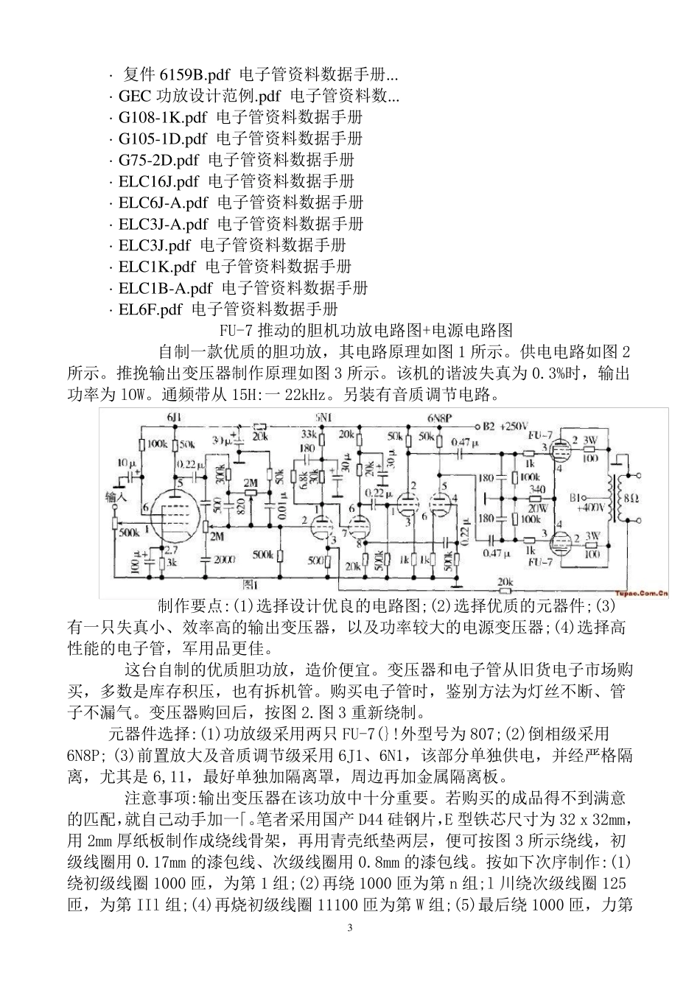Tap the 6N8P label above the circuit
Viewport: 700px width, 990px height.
pos(439,417)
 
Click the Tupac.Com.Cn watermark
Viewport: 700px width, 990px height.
pos(638,590)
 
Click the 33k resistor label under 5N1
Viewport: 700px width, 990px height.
pos(309,435)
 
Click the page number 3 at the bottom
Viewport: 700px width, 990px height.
pos(350,927)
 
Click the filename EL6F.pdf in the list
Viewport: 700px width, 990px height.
pos(150,309)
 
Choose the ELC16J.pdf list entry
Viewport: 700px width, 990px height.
pos(159,180)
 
